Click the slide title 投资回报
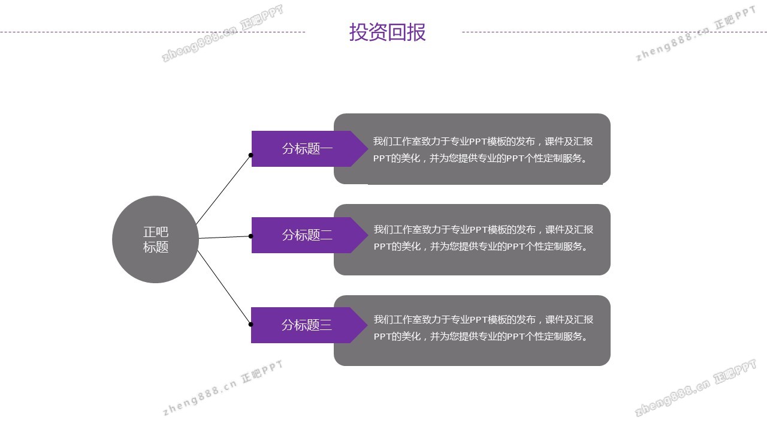coord(387,32)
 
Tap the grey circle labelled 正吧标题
coord(155,239)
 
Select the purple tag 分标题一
coord(310,149)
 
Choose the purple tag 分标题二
coord(310,235)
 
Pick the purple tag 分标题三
coord(310,325)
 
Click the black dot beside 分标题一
coord(250,155)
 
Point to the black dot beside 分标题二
coord(250,236)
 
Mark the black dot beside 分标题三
coord(250,324)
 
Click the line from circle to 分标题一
coord(224,190)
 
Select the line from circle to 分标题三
coord(224,287)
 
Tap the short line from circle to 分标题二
coord(225,237)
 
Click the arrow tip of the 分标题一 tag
coord(368,149)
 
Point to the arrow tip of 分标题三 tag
coord(368,325)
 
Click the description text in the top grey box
coord(483,149)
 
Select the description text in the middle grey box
coord(483,238)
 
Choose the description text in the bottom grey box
coord(483,328)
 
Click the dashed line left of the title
coord(152,32)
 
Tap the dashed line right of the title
coord(615,32)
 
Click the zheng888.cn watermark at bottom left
coord(223,388)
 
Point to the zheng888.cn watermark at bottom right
coord(695,388)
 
